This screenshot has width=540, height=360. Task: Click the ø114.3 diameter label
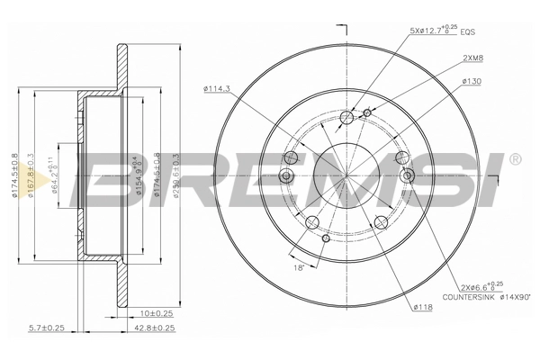[x=219, y=87]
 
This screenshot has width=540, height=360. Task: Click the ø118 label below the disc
[x=422, y=307]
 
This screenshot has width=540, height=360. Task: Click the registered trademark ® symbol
[x=515, y=159]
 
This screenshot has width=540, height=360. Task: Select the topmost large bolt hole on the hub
[x=348, y=117]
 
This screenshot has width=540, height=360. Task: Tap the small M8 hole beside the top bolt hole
[x=366, y=112]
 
